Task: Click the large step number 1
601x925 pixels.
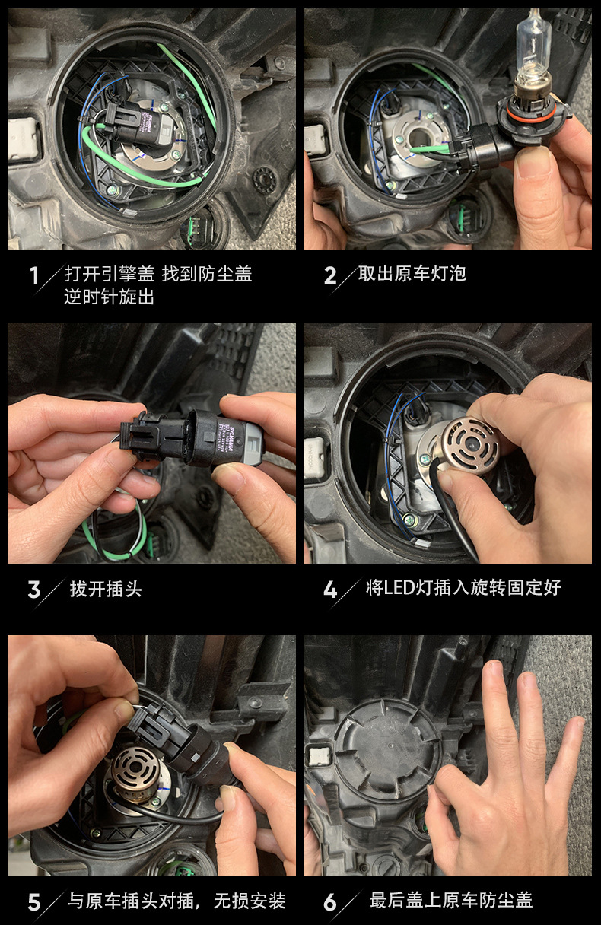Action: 34,275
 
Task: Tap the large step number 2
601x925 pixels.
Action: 330,275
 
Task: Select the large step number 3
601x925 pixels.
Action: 34,590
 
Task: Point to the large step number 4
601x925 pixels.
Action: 330,590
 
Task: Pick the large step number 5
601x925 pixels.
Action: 34,902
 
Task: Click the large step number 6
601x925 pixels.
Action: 330,902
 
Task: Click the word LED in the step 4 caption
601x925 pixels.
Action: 399,587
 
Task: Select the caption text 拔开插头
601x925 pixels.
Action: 106,589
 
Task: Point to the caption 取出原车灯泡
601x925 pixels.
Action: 412,273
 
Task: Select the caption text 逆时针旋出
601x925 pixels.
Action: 109,297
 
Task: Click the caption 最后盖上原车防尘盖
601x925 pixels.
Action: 450,901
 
